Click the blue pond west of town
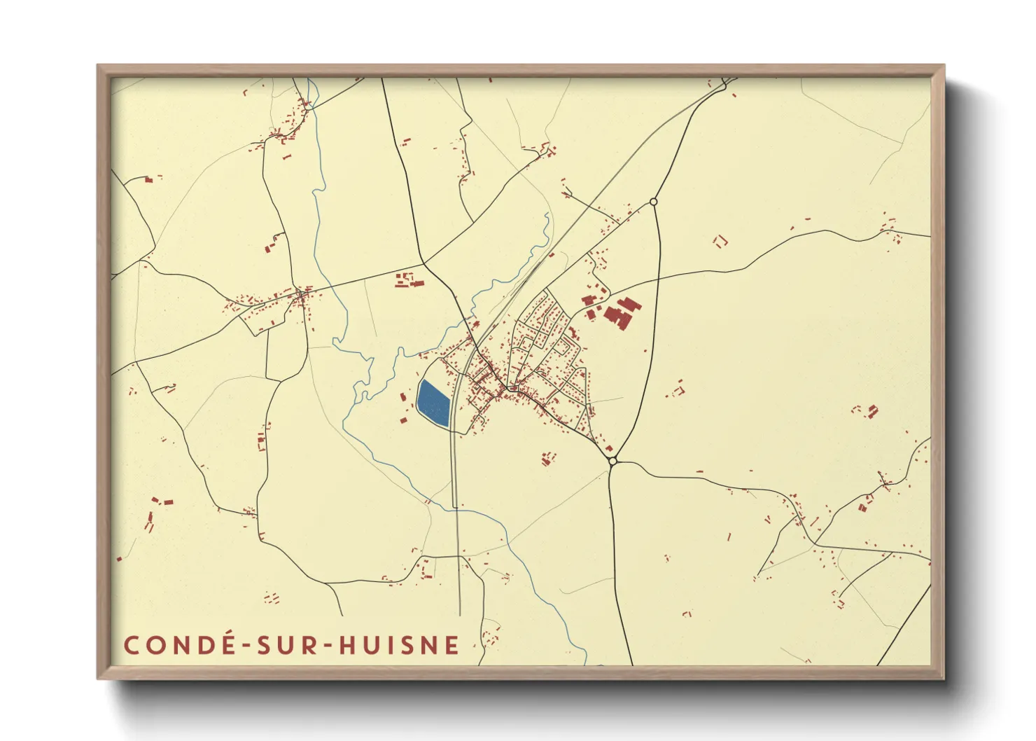433,403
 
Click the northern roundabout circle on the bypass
654,202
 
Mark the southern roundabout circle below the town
612,461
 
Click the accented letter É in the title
221,644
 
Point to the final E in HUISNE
452,645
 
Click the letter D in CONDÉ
200,645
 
